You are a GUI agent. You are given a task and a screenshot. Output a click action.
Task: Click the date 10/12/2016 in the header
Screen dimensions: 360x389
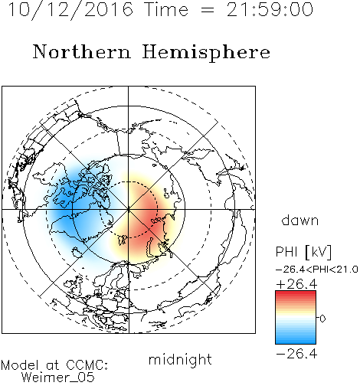[70, 10]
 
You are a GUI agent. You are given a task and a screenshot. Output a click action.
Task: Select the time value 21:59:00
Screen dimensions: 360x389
[270, 9]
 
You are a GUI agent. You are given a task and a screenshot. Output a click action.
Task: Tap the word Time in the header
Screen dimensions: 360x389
[166, 9]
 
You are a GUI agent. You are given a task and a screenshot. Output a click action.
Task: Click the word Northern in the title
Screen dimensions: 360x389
[81, 51]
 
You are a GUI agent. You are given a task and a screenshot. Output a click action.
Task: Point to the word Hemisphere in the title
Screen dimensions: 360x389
[206, 53]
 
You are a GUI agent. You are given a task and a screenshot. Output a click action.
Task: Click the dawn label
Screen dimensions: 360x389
[300, 220]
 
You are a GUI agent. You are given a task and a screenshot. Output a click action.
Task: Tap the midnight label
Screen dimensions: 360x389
[180, 359]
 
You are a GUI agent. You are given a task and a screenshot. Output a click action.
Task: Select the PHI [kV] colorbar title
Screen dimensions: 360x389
[303, 252]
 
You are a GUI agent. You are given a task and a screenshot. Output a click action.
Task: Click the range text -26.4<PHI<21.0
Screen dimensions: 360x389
[317, 270]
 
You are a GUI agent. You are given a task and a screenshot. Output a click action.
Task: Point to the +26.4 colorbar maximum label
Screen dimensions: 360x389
[296, 284]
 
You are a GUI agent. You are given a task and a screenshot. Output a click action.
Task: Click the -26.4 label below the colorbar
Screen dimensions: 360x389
[296, 354]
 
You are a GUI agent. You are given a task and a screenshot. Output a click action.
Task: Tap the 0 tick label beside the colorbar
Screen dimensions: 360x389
[322, 319]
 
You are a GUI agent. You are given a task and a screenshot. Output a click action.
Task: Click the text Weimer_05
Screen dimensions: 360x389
[58, 378]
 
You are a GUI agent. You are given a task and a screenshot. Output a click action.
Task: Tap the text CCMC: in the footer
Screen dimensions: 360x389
[87, 365]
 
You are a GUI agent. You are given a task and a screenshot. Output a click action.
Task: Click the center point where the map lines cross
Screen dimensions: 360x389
[129, 209]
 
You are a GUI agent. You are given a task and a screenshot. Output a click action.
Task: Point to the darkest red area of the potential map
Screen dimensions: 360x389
[148, 217]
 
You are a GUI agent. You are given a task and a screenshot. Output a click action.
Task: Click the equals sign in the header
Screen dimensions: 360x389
[208, 10]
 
